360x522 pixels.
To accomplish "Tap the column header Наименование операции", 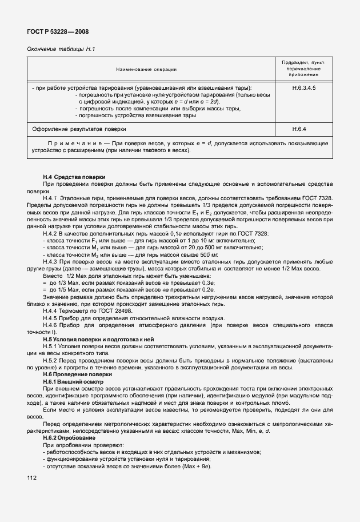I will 146,69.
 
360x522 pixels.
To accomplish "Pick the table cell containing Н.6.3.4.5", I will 303,88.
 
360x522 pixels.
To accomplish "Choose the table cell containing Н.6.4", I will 303,129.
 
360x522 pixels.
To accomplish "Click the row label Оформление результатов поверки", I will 79,129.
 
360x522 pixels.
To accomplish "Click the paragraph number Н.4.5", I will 52,318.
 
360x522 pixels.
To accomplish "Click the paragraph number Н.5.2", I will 52,360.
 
